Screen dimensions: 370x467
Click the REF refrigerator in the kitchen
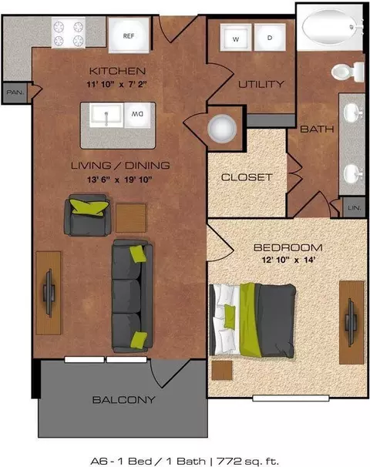[129, 35]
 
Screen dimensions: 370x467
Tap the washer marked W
[236, 38]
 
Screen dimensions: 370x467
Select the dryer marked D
[270, 38]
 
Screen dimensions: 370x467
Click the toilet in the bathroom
[348, 72]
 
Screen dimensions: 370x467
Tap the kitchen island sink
[106, 115]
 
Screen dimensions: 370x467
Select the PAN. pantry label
[15, 92]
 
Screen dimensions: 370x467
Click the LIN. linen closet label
[355, 207]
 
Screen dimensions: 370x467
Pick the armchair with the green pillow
[87, 215]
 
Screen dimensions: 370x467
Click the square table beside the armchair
[131, 218]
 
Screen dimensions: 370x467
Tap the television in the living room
[49, 293]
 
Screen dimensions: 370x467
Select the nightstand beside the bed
[222, 370]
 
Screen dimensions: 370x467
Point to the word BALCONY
[124, 400]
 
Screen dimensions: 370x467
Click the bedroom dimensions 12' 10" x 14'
[288, 260]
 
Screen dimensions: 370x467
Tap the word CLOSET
[247, 177]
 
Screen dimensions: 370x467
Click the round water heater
[222, 129]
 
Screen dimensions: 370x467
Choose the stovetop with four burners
[69, 32]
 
